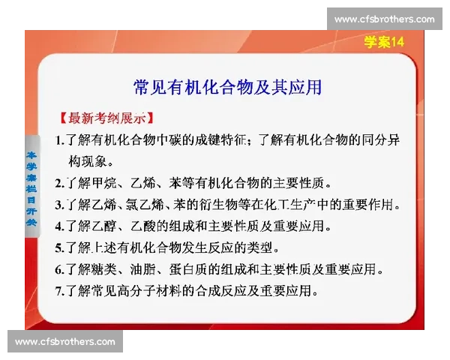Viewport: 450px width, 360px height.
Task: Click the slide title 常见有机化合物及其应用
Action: click(227, 87)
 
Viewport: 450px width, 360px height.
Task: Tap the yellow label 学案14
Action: click(384, 42)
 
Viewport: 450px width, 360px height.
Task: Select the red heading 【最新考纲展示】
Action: click(106, 118)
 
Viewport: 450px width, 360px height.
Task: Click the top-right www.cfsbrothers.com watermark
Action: click(384, 19)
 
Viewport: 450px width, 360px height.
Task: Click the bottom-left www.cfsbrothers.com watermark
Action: click(65, 341)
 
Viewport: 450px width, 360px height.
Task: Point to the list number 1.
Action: click(59, 139)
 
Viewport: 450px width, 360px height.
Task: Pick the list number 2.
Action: click(59, 182)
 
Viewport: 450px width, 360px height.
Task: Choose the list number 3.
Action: click(59, 204)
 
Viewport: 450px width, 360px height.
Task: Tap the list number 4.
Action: click(59, 225)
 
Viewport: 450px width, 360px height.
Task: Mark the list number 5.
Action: click(59, 247)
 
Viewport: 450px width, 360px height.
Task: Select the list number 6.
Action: click(59, 268)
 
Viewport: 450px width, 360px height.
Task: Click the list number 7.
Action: click(59, 289)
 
